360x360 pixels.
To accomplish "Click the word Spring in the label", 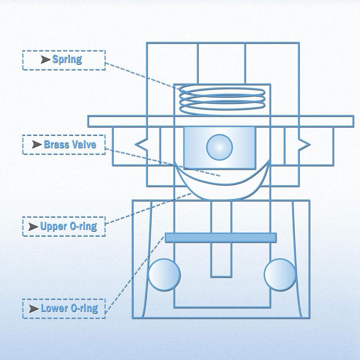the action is [x=67, y=59].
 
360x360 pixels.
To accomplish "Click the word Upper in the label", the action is [x=54, y=227].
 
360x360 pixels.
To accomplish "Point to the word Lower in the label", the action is [x=54, y=308].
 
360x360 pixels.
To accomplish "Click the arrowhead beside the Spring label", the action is [x=45, y=59].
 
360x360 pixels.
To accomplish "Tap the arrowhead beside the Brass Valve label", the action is [x=37, y=144].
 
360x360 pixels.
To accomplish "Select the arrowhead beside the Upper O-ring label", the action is [x=33, y=227].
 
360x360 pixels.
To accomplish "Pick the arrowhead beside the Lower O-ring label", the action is [x=34, y=309].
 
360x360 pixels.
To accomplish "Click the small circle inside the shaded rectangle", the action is [x=220, y=147].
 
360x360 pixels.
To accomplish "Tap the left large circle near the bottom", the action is [x=164, y=275].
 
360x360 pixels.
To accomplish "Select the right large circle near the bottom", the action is [x=280, y=275].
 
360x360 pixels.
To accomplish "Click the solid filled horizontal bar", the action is [x=220, y=238].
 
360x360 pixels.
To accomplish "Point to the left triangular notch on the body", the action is [x=141, y=144].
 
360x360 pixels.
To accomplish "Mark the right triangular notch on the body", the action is [x=305, y=144].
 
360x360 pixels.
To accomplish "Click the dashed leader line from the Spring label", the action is [x=148, y=78].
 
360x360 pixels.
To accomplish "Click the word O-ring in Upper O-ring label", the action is [x=83, y=227].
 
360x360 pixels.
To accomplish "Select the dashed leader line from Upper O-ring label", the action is [x=148, y=208].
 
